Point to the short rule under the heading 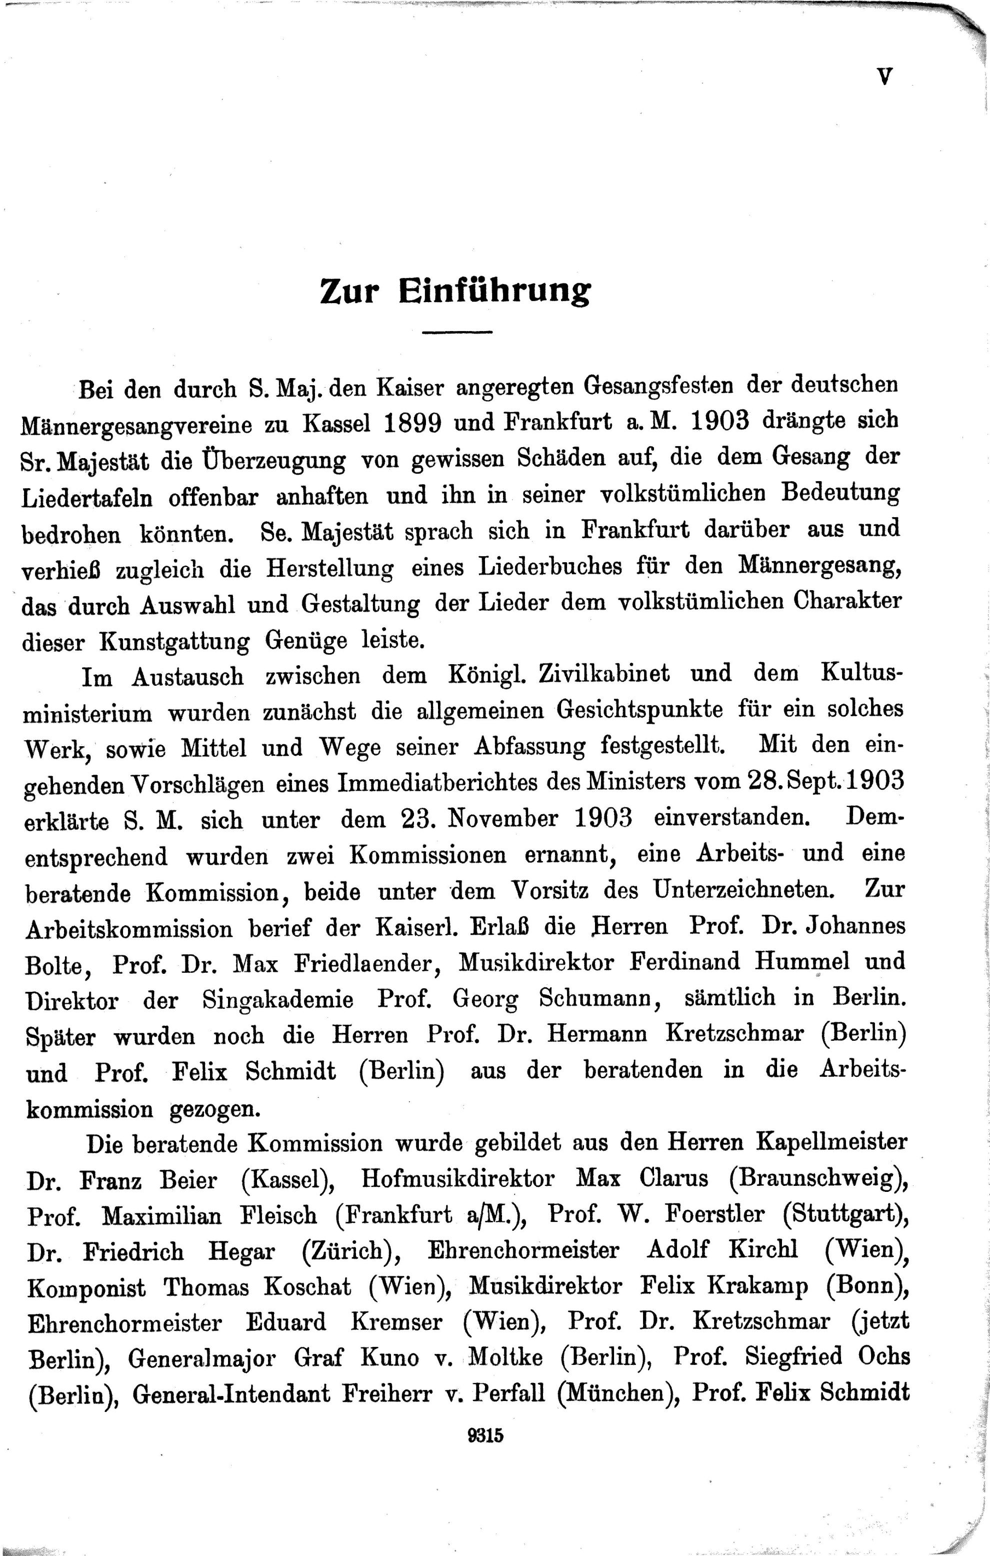456,333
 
